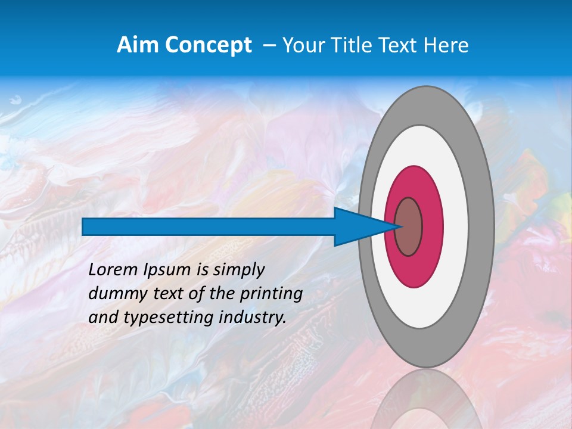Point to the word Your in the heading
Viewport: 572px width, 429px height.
tap(300, 45)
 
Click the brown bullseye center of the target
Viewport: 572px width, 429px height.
tap(409, 226)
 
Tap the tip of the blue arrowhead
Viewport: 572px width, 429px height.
tap(398, 226)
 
